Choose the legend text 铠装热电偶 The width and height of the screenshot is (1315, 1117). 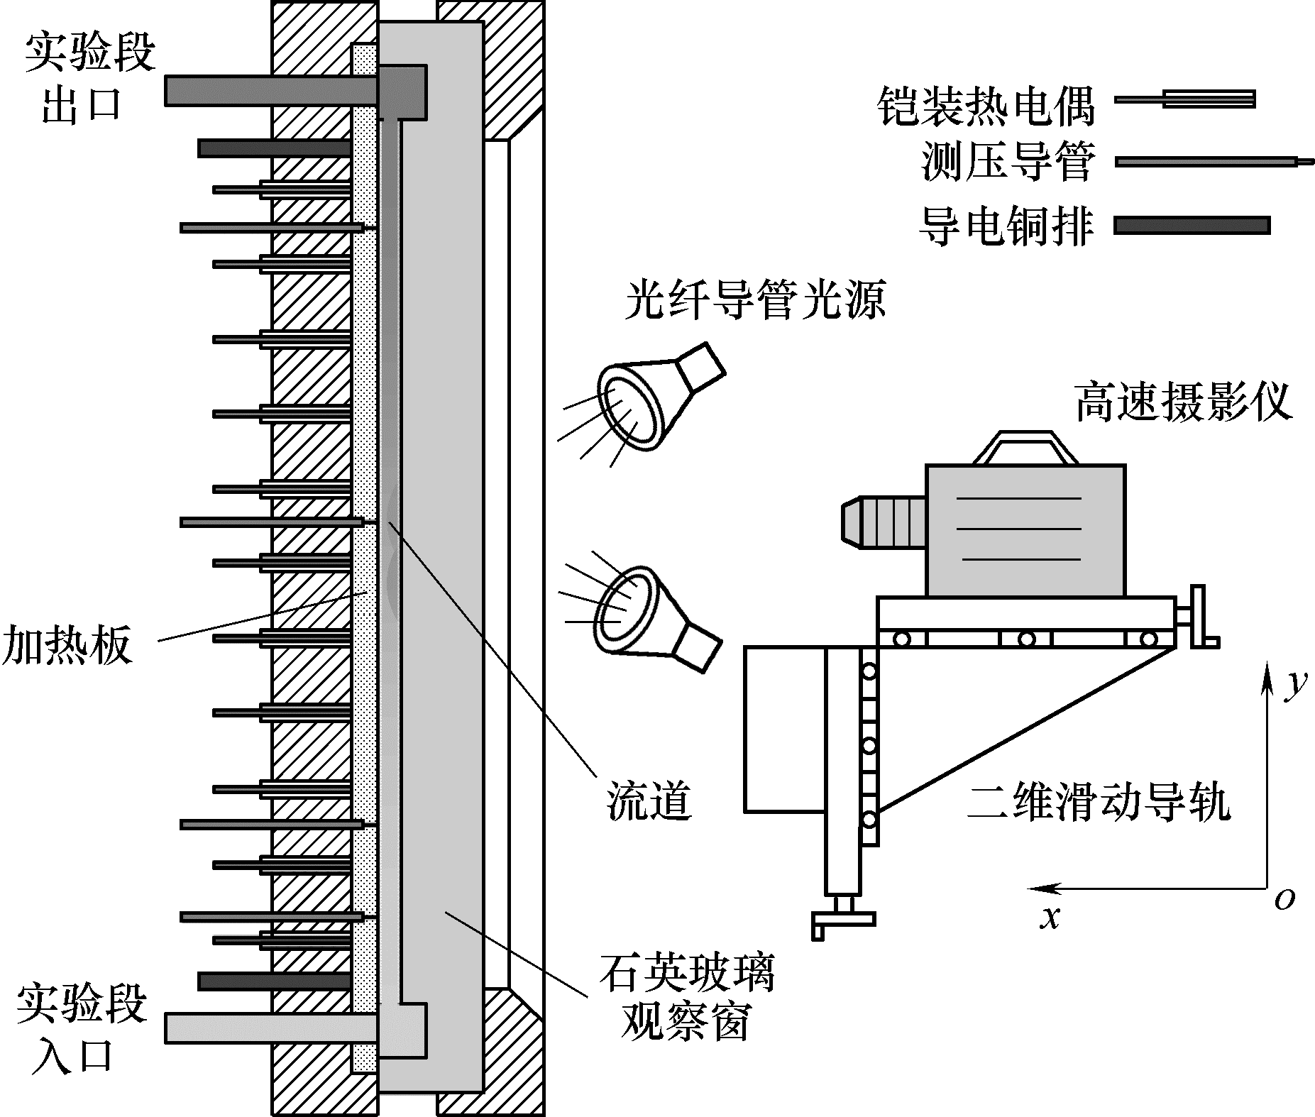tap(986, 106)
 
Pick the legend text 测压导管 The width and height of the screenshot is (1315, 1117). tap(1008, 162)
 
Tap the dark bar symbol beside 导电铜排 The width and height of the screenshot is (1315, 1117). tap(1192, 226)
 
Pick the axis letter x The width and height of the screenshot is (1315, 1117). tap(1049, 918)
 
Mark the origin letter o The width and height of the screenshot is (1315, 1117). tap(1284, 899)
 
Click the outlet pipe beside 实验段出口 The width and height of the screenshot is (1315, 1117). tap(270, 90)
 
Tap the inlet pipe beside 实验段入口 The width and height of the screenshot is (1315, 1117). tap(270, 1028)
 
